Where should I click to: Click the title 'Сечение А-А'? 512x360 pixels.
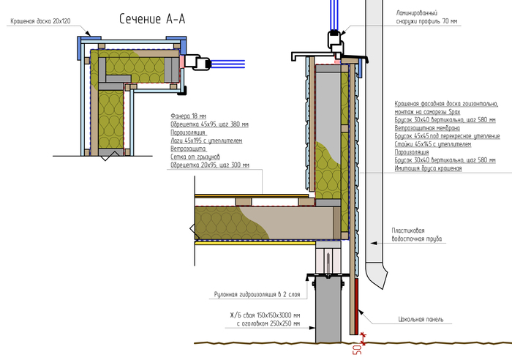tap(152, 20)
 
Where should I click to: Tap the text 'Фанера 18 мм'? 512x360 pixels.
tap(188, 116)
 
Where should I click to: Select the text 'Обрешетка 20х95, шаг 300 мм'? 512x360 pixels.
tap(209, 165)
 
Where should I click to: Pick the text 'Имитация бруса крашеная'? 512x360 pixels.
tap(428, 169)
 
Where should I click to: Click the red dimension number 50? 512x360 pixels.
tap(356, 349)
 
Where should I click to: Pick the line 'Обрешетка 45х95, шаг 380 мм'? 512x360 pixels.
tap(209, 124)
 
